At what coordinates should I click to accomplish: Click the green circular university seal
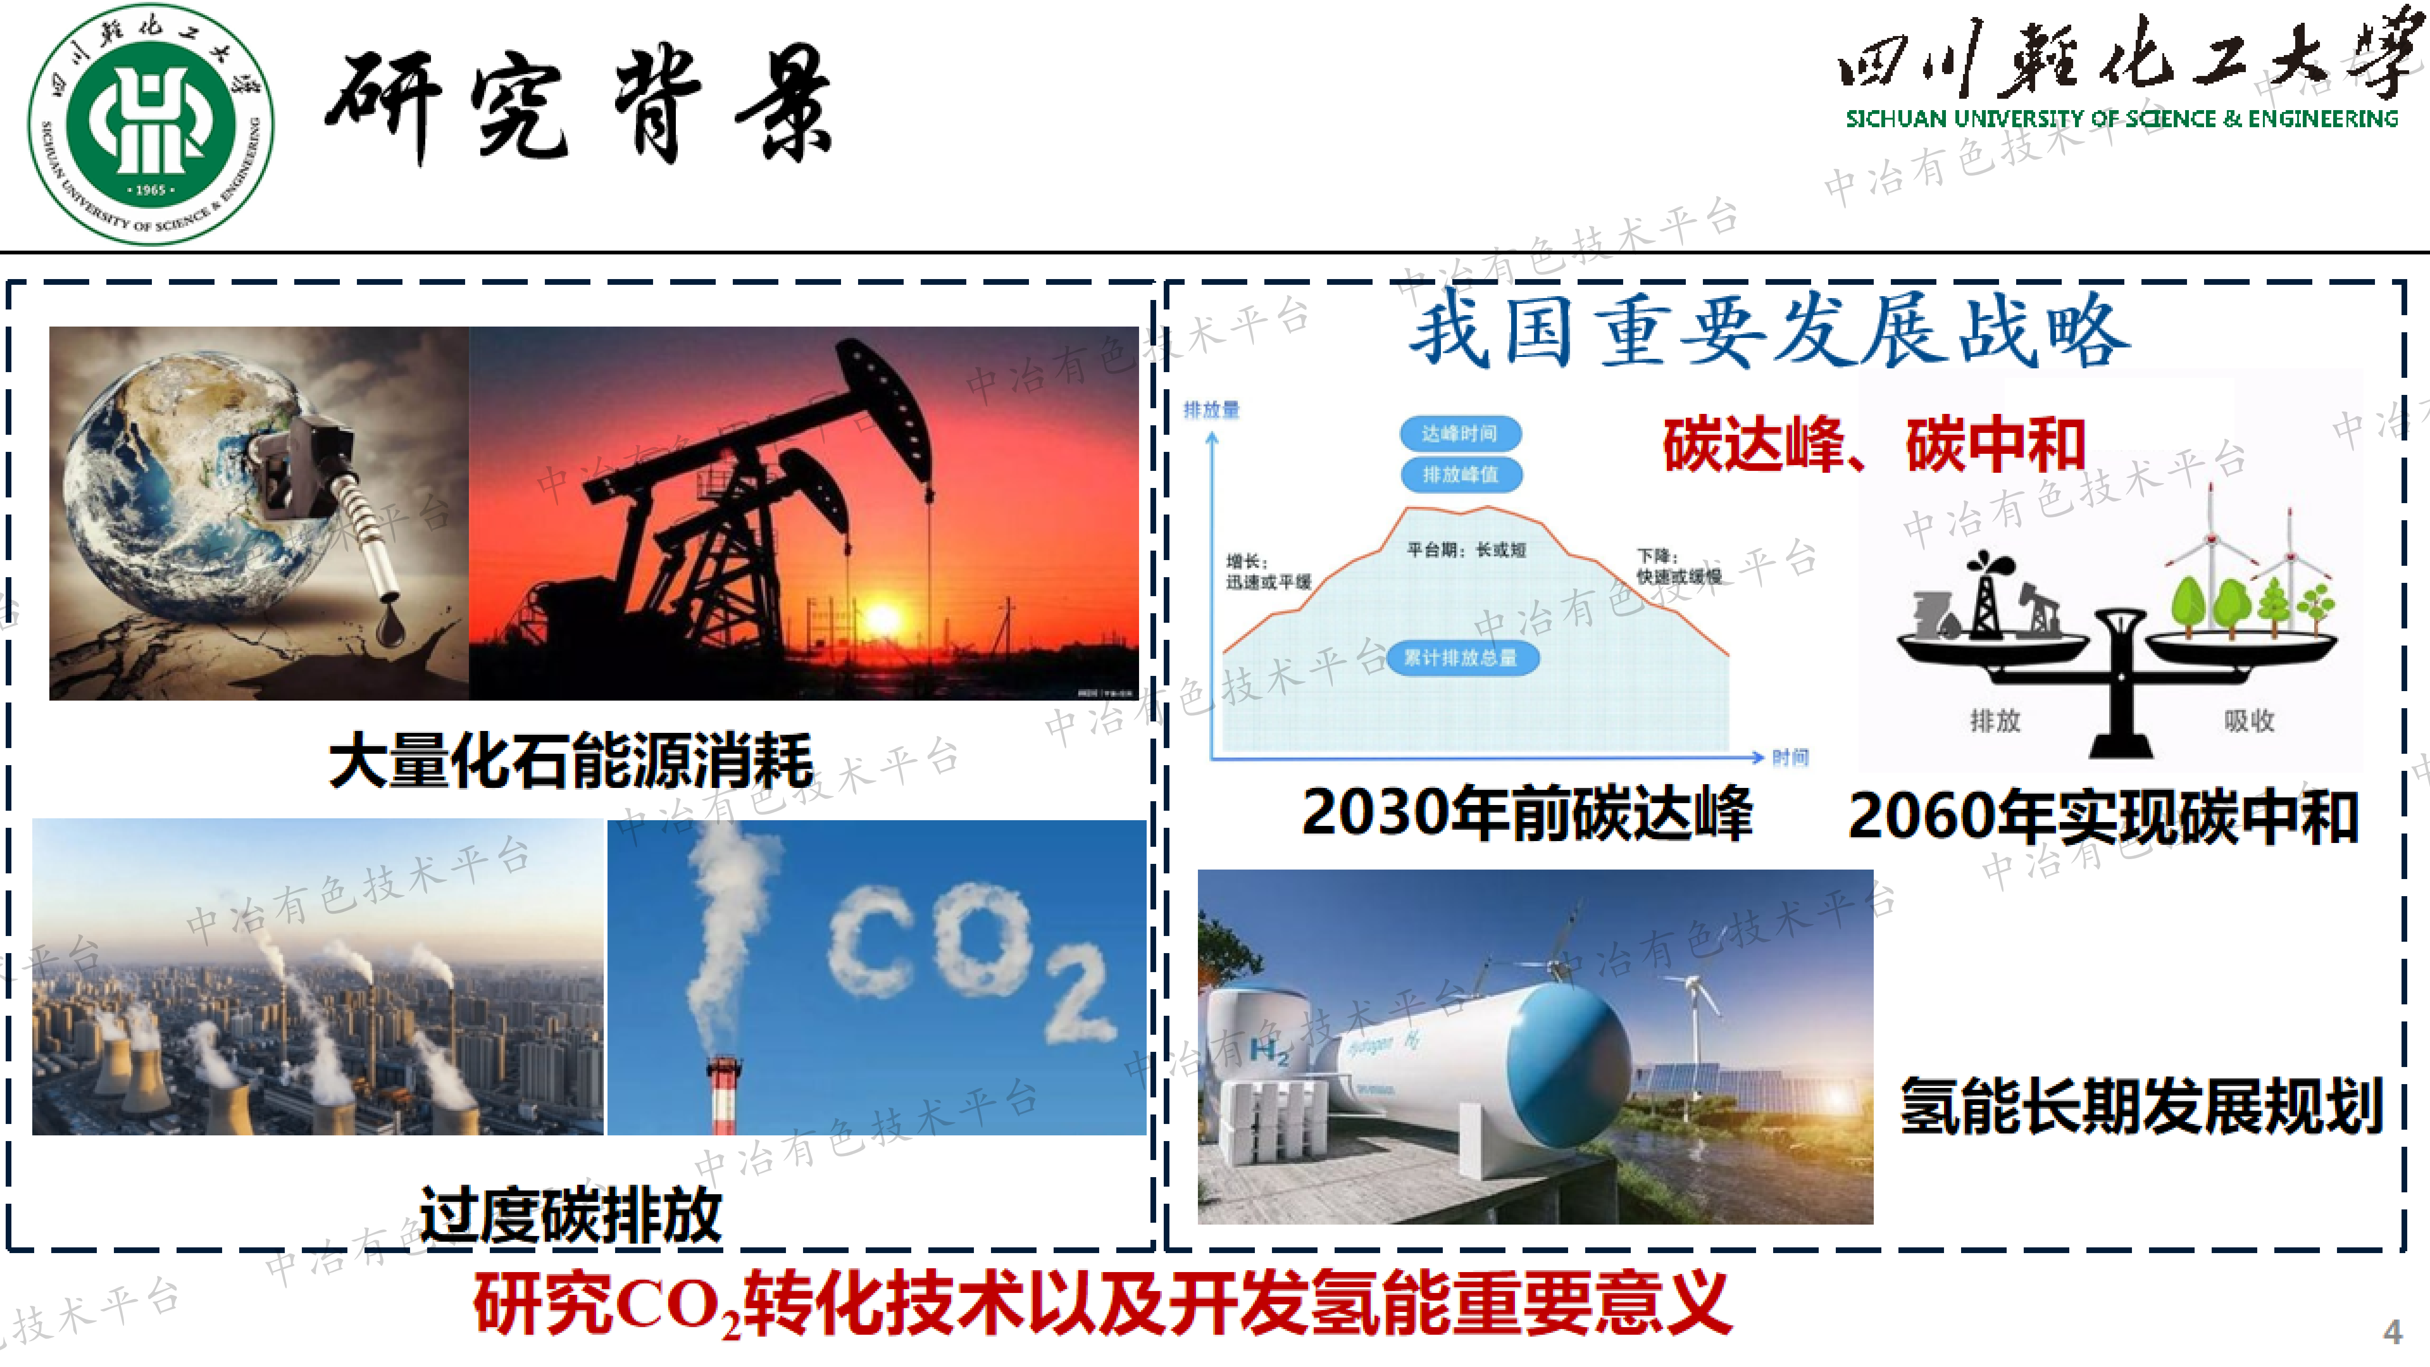(151, 124)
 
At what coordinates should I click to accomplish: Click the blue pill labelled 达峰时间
(1459, 433)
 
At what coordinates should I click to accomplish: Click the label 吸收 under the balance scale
(2249, 721)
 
